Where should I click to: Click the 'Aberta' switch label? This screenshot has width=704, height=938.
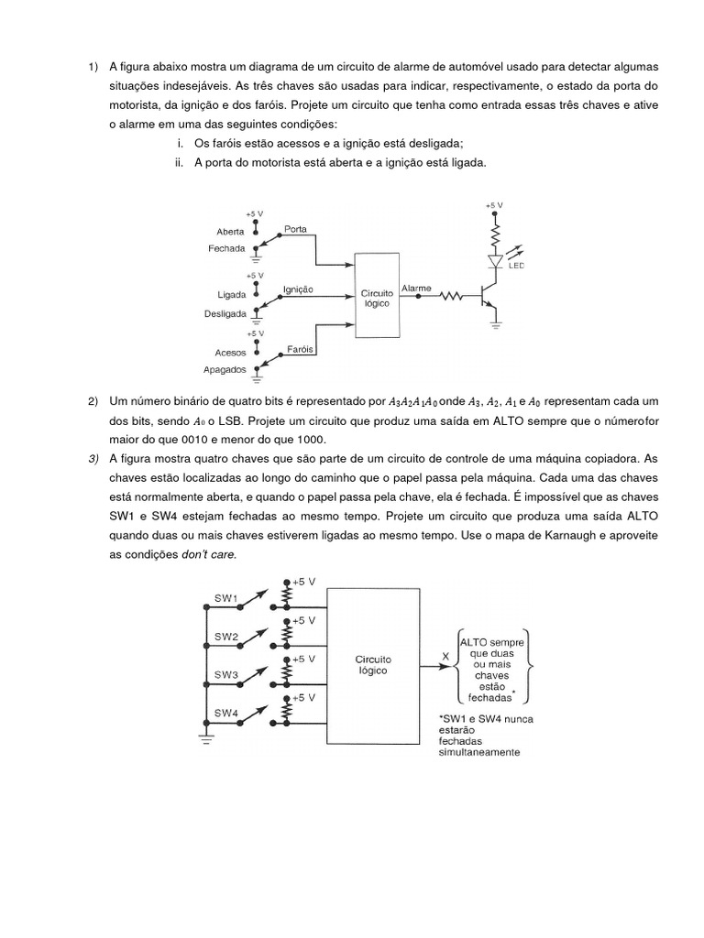point(231,232)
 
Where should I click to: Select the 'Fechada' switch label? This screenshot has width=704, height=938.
point(226,249)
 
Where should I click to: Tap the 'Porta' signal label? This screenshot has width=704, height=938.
point(295,229)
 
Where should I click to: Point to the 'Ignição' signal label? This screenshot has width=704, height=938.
point(298,289)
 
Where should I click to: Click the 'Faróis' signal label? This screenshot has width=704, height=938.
point(301,349)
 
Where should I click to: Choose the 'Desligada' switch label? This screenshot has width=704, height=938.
point(224,312)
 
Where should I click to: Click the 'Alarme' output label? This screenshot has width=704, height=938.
point(416,289)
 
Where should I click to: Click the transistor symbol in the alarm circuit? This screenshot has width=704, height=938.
point(488,297)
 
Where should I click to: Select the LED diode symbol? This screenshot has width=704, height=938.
point(496,261)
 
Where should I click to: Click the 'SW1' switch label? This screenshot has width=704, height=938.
point(226,598)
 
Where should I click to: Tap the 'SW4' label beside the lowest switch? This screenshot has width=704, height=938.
point(226,713)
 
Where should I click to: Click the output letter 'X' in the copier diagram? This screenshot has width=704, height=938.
point(445,656)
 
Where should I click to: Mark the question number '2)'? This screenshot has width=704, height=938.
point(93,401)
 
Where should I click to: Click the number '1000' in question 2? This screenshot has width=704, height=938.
point(308,438)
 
